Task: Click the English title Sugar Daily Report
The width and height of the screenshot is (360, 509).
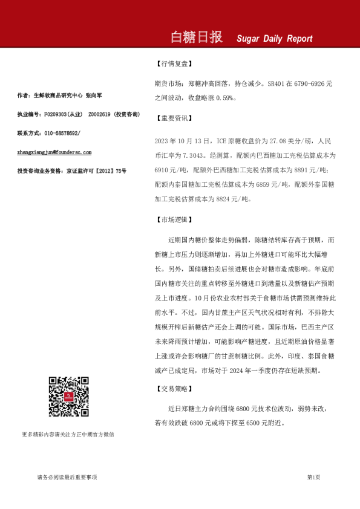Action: (274, 39)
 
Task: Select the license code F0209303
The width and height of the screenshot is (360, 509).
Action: (57, 114)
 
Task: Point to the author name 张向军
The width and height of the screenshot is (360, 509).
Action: (94, 95)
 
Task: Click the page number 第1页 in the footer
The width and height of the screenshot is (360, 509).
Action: (313, 478)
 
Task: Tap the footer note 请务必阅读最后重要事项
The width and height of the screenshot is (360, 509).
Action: (67, 478)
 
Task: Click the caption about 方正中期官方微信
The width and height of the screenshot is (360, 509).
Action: (68, 434)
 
